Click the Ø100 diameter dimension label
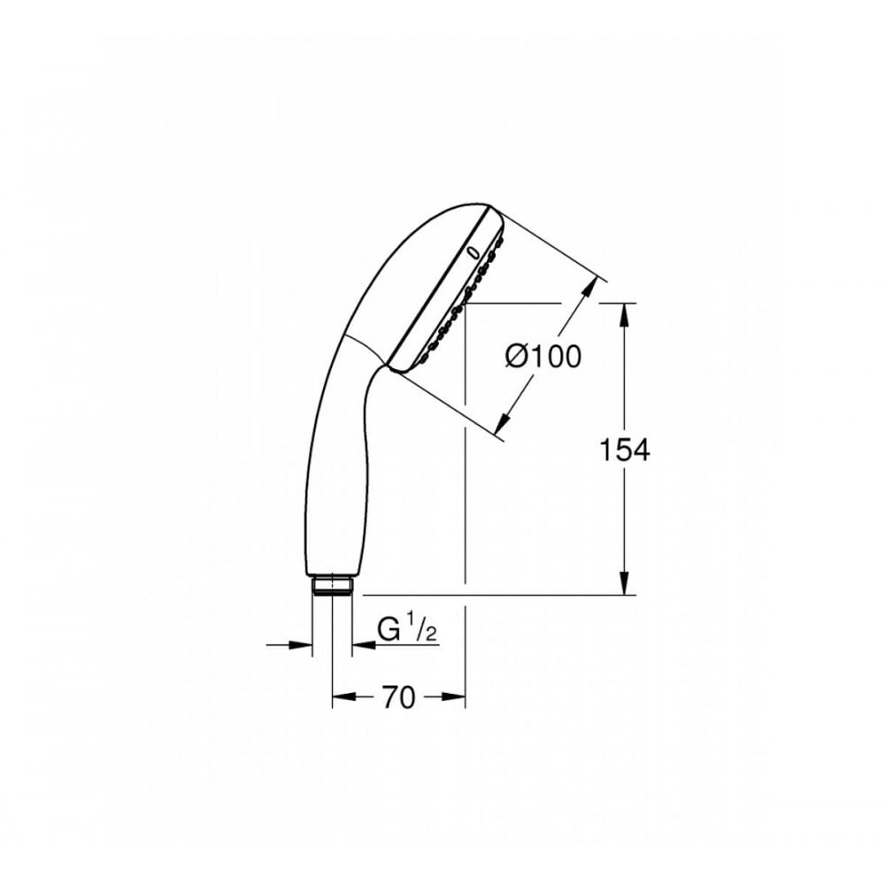point(543,357)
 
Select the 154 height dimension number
point(624,450)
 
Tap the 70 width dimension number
point(399,697)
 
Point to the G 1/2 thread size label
point(407,629)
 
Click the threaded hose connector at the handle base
point(333,585)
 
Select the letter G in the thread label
point(389,630)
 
